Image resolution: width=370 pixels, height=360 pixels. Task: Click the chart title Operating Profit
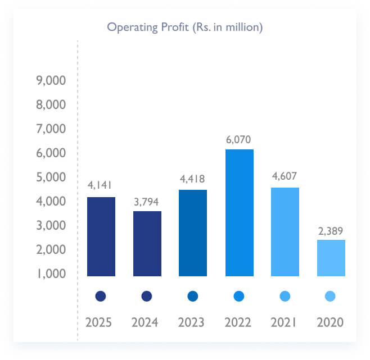coord(185,27)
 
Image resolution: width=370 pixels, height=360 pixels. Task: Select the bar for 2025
coord(101,236)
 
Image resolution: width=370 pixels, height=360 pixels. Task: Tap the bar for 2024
coord(147,243)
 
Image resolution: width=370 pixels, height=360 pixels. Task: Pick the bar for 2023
coord(193,233)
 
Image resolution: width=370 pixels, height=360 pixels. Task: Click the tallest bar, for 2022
coord(239,212)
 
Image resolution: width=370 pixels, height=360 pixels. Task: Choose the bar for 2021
coord(285,231)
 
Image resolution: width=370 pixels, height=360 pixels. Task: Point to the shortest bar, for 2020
coord(331,258)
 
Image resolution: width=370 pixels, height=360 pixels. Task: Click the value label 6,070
coord(239,139)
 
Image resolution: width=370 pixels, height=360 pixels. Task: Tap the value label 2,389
coord(331,230)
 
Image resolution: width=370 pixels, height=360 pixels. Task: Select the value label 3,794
coord(147,201)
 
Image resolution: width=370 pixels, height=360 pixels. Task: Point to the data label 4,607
coord(285,177)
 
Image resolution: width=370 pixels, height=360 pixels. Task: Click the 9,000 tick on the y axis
coord(51,81)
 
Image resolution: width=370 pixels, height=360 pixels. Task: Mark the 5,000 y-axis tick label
coord(51,177)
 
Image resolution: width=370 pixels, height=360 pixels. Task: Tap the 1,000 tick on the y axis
coord(51,274)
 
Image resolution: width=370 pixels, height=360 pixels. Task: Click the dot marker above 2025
coord(101,296)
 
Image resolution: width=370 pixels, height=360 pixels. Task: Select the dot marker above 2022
coord(239,296)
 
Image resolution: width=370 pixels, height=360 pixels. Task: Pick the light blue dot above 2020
coord(331,296)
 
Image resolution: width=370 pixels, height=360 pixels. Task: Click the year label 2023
coord(193,323)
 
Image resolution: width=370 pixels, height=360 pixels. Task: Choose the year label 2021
coord(285,323)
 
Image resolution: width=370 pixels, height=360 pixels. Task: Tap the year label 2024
coord(147,323)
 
